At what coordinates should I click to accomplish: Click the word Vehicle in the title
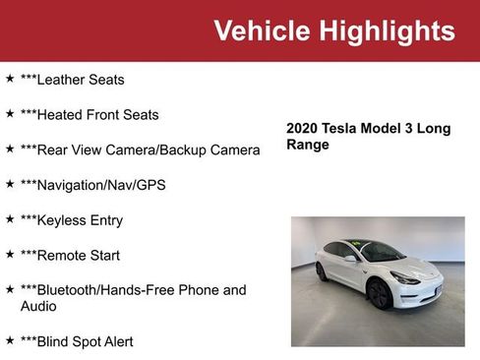tap(260, 30)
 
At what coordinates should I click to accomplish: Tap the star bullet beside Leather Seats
tap(10, 78)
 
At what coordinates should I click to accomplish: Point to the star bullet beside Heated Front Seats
tap(10, 113)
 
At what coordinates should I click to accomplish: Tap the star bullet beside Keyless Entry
tap(10, 218)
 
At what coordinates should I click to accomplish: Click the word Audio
tap(39, 307)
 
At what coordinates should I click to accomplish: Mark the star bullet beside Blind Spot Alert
tap(10, 340)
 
